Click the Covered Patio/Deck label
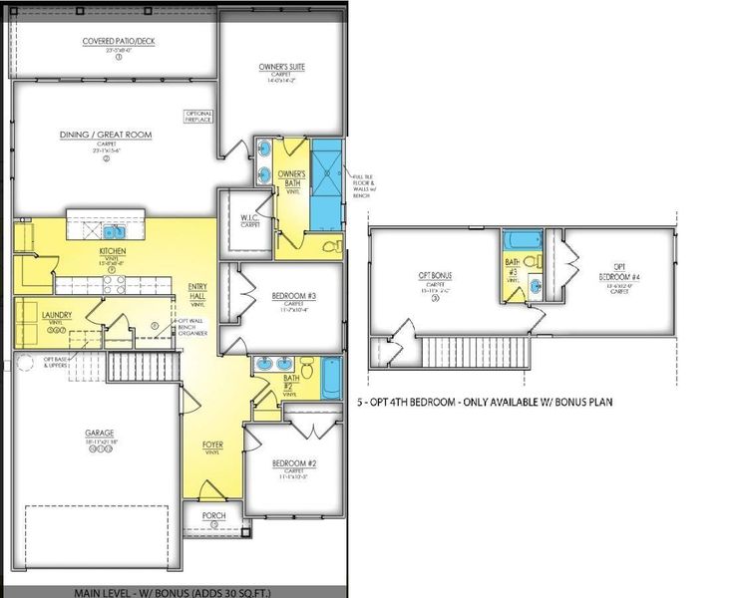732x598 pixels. pyautogui.click(x=118, y=41)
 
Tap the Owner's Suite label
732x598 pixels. pyautogui.click(x=282, y=67)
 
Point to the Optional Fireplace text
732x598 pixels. pyautogui.click(x=198, y=117)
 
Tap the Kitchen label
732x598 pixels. pyautogui.click(x=111, y=251)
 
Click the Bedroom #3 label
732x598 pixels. pyautogui.click(x=293, y=295)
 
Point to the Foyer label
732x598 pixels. pyautogui.click(x=212, y=445)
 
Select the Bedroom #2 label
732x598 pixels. pyautogui.click(x=293, y=464)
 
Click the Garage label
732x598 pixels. pyautogui.click(x=99, y=434)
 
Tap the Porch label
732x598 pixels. pyautogui.click(x=213, y=515)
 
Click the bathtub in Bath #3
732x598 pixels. pyautogui.click(x=525, y=241)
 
